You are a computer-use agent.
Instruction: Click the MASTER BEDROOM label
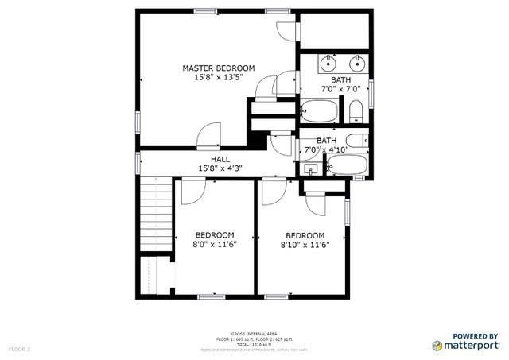coord(218,68)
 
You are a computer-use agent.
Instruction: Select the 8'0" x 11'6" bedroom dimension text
coord(216,245)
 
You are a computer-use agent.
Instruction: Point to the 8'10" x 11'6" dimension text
coord(305,245)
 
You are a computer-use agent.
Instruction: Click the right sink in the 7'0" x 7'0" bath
coord(357,62)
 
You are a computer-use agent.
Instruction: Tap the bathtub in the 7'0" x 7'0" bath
coord(320,109)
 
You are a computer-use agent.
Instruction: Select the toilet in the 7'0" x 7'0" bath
coord(356,109)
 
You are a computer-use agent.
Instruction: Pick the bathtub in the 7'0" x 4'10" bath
coord(346,165)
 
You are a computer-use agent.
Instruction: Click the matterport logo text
coord(469,345)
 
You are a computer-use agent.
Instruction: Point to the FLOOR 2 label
coord(19,349)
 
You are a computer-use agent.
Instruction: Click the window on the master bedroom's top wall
coord(206,10)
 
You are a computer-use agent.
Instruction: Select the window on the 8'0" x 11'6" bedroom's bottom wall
coord(210,296)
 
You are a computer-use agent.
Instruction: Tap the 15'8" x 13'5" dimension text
coord(218,78)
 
